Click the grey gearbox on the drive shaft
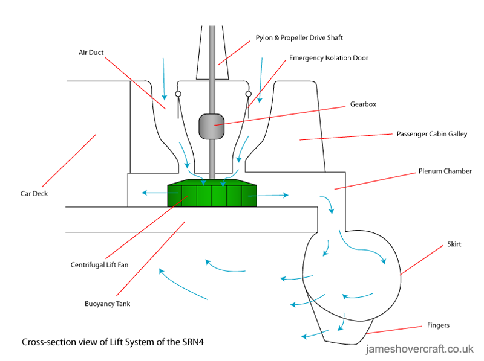tap(211, 126)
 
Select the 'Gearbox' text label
tap(363, 104)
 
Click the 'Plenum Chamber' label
tap(445, 171)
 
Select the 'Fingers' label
tap(437, 325)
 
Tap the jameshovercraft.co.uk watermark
tap(420, 348)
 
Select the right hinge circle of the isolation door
tap(248, 94)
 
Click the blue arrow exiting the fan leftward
tap(153, 194)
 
